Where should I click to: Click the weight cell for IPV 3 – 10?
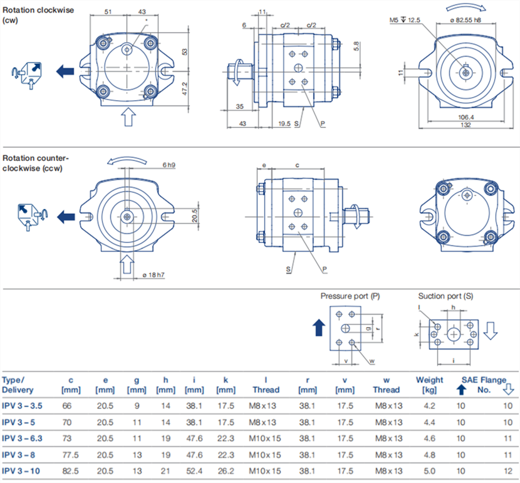pos(429,471)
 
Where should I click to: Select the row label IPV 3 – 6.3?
pos(23,439)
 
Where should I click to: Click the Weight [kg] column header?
pos(429,385)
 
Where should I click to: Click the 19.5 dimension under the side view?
pos(284,124)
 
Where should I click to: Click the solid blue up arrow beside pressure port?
pos(319,327)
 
